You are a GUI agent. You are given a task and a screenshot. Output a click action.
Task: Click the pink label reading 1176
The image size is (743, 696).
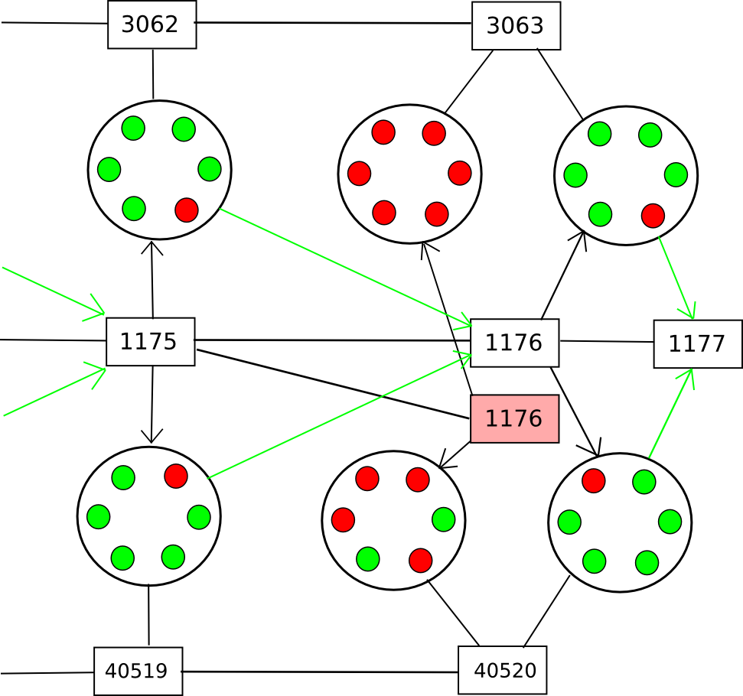pyautogui.click(x=514, y=418)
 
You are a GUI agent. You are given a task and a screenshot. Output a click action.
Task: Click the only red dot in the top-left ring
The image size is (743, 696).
pyautogui.click(x=187, y=210)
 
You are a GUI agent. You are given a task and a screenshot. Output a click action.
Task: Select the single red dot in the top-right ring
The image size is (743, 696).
pyautogui.click(x=653, y=216)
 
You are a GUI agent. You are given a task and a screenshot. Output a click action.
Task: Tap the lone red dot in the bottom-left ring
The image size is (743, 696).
pyautogui.click(x=176, y=476)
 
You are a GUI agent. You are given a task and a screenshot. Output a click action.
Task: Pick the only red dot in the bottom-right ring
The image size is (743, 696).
pyautogui.click(x=594, y=481)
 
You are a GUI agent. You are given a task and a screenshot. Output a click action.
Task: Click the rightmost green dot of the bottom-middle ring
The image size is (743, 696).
pyautogui.click(x=444, y=519)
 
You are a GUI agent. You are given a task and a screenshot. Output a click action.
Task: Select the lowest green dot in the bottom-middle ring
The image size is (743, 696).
pyautogui.click(x=368, y=559)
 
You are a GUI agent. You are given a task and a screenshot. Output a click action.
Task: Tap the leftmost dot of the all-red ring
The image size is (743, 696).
pyautogui.click(x=359, y=174)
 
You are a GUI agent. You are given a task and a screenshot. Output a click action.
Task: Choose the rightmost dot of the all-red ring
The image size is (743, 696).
pyautogui.click(x=460, y=173)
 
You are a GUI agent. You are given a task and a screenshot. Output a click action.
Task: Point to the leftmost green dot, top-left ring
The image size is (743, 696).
pyautogui.click(x=109, y=170)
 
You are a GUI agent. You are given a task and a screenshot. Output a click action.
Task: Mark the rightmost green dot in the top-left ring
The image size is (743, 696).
pyautogui.click(x=210, y=169)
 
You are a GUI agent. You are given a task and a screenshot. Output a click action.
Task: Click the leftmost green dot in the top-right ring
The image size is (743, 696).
pyautogui.click(x=575, y=175)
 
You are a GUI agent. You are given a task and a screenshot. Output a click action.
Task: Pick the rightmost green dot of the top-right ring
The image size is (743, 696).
pyautogui.click(x=676, y=174)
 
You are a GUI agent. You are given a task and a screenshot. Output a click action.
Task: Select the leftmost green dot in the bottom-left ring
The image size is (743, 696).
pyautogui.click(x=99, y=517)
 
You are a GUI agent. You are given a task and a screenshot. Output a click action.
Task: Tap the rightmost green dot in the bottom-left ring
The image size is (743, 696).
pyautogui.click(x=199, y=517)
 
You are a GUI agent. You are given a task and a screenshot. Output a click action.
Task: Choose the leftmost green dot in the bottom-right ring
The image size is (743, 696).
pyautogui.click(x=569, y=522)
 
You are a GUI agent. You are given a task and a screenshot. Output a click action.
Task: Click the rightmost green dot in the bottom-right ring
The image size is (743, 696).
pyautogui.click(x=670, y=522)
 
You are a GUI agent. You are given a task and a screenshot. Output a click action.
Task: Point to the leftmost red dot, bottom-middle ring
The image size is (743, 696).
pyautogui.click(x=343, y=520)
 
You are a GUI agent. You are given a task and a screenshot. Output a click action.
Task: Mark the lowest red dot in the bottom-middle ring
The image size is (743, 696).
pyautogui.click(x=421, y=561)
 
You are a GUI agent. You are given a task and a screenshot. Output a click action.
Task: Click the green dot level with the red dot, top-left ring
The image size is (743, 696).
pyautogui.click(x=134, y=209)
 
